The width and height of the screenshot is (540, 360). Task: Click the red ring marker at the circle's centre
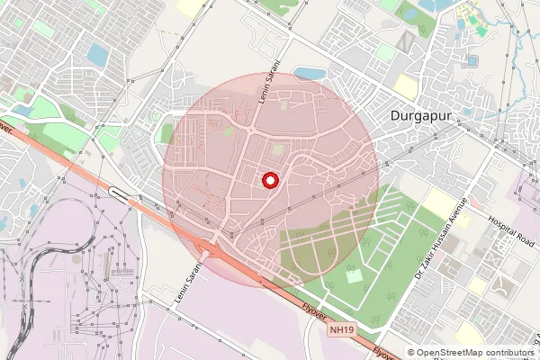point(269,181)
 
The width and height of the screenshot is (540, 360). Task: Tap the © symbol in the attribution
point(411,353)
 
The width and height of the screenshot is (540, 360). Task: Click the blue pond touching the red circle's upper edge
point(309,72)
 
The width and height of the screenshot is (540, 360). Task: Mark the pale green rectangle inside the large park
point(352,275)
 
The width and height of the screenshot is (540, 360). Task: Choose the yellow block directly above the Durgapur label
point(407,86)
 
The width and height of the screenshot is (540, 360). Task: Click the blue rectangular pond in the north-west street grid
point(97,56)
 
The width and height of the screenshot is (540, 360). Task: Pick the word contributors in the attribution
point(510,353)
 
